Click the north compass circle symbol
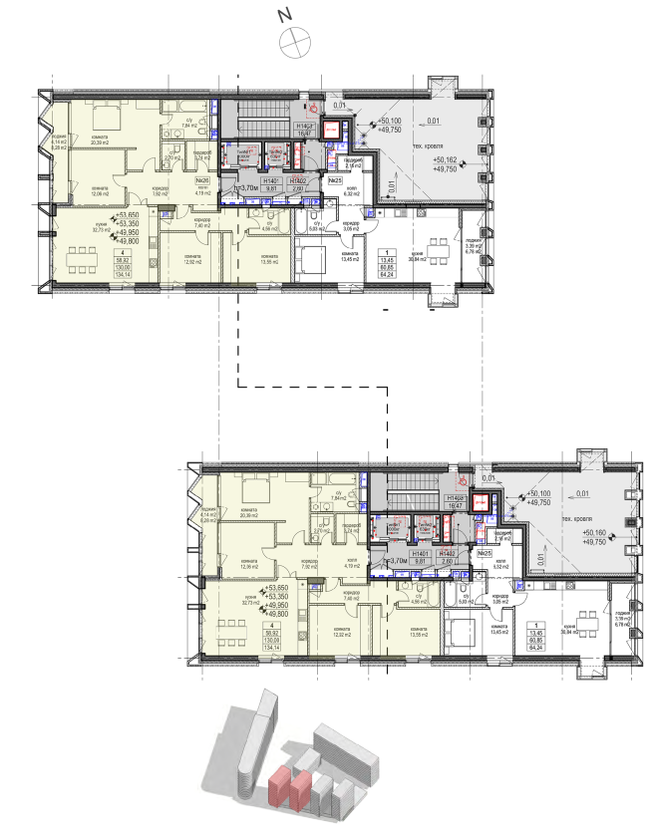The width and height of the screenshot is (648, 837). tap(296, 44)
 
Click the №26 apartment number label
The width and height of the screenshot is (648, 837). tap(201, 180)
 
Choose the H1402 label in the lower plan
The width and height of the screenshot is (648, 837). tap(448, 555)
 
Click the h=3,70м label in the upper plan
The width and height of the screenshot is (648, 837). tap(246, 186)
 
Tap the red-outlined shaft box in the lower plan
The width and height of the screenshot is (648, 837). tap(483, 502)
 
